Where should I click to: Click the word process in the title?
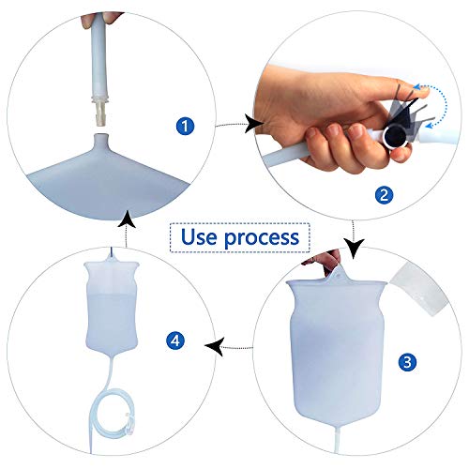264,236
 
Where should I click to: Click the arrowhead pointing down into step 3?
354,250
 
